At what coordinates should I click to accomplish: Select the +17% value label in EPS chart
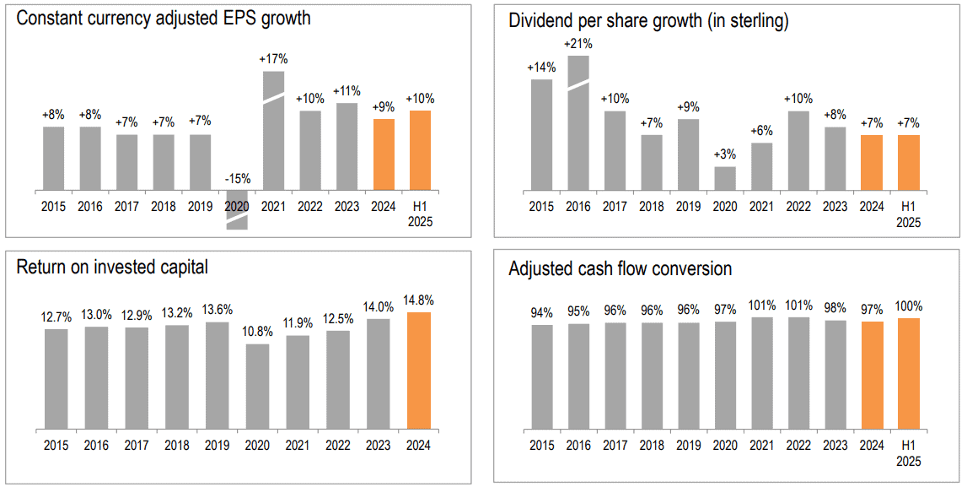point(274,59)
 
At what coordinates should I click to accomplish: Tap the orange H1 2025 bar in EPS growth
point(420,149)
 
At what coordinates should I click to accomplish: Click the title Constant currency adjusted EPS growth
point(164,19)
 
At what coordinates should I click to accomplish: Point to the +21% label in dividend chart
point(578,44)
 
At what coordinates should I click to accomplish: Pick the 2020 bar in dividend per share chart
point(725,178)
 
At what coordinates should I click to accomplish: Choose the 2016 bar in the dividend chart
point(578,122)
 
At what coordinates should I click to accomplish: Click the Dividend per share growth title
point(648,22)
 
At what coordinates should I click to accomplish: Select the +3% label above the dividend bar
point(725,154)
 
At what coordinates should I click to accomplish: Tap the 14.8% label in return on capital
point(419,300)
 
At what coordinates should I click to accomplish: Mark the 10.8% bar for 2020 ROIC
point(257,386)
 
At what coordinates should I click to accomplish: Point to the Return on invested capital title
point(112,268)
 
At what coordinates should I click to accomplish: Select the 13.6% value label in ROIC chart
point(218,310)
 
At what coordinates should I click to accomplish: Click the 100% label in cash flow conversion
point(909,306)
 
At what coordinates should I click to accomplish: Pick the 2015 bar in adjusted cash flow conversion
point(542,376)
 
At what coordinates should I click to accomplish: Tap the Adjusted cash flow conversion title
point(620,269)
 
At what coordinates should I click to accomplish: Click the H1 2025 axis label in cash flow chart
point(909,454)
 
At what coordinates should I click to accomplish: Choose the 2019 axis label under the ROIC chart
point(218,446)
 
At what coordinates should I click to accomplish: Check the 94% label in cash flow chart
point(542,312)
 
